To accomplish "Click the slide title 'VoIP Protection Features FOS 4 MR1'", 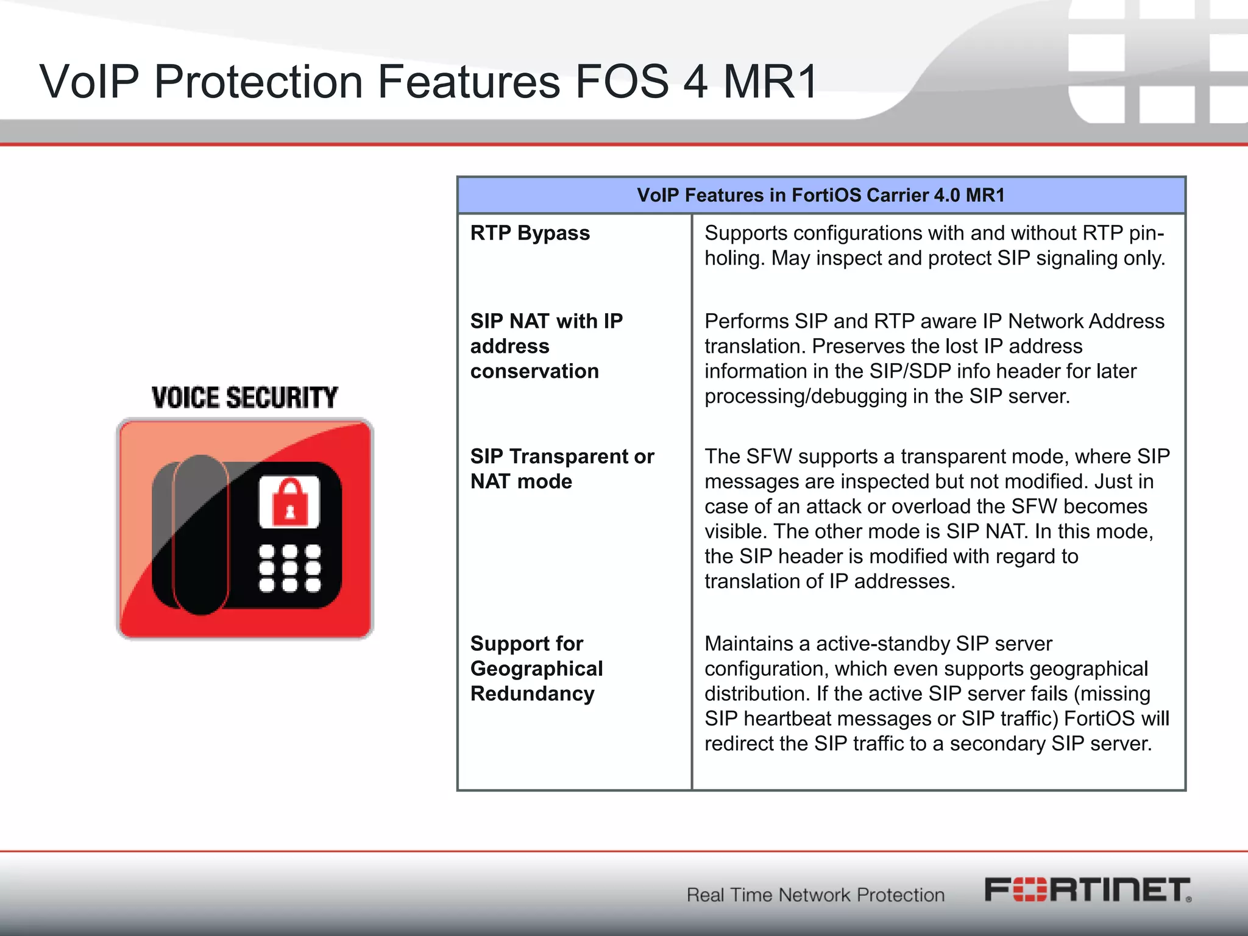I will click(428, 82).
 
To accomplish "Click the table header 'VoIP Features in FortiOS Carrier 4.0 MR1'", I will click(820, 195).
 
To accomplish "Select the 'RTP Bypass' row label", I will click(530, 233).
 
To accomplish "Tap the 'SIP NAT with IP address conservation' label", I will click(546, 346).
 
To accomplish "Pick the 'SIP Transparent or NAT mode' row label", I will click(561, 468).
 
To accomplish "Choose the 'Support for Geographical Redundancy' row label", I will click(536, 668).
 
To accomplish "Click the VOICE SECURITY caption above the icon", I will click(244, 398).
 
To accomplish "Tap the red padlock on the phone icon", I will click(289, 502).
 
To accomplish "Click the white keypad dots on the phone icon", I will click(289, 568).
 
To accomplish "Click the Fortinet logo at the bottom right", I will click(1088, 890).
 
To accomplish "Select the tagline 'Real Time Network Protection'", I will click(815, 895).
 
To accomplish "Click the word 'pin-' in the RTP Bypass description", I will click(1146, 233).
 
